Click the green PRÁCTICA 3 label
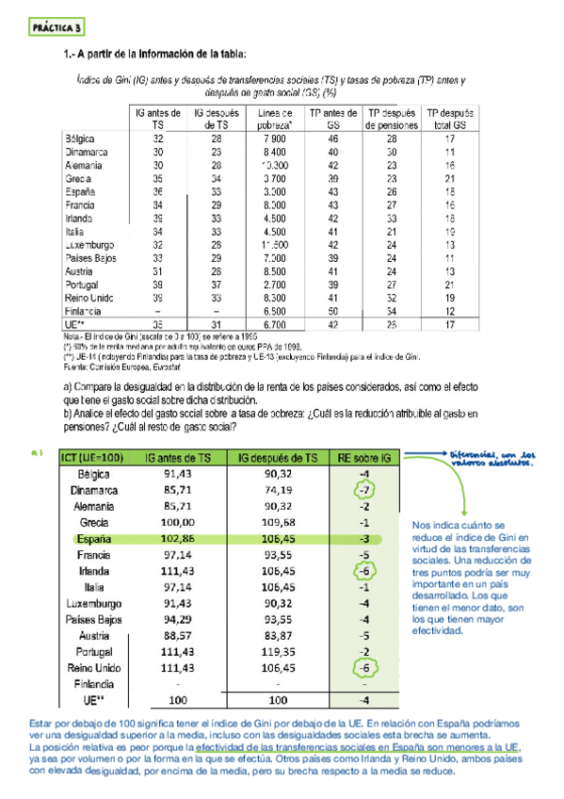point(56,27)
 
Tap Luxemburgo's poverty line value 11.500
point(275,244)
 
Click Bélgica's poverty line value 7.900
point(275,138)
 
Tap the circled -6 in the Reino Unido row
point(362,669)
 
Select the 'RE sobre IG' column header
point(361,459)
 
